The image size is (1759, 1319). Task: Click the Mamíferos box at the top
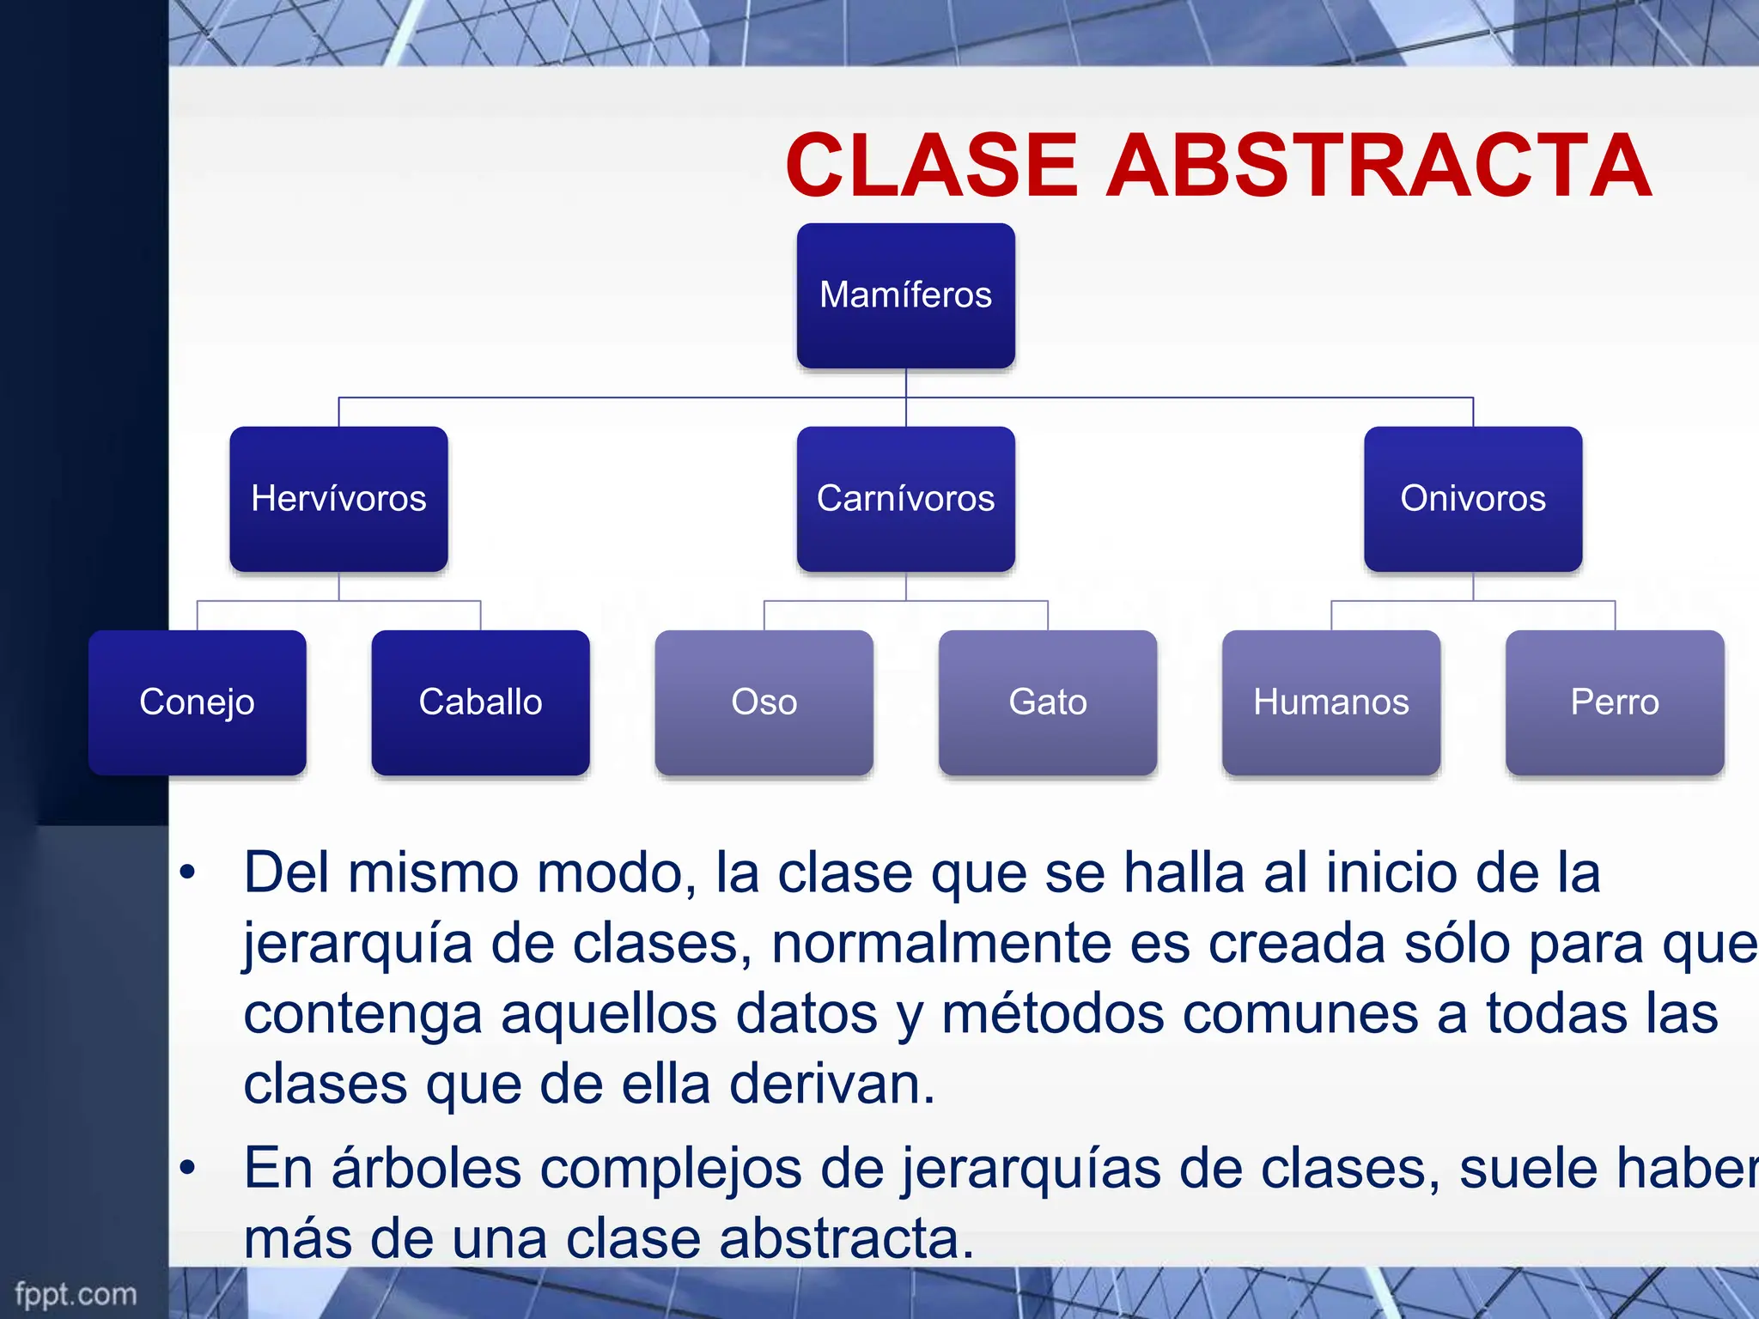tap(905, 295)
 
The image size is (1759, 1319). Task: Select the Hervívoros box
tap(338, 499)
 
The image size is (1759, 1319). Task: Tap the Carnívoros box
tap(905, 499)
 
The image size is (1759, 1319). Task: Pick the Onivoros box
tap(1472, 499)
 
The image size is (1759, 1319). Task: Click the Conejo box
tap(197, 702)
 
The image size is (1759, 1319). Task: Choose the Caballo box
tap(480, 702)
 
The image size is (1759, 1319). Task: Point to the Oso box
tap(764, 702)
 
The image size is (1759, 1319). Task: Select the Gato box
tap(1047, 702)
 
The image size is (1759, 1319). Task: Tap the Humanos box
tap(1330, 702)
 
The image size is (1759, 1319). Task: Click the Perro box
tap(1614, 702)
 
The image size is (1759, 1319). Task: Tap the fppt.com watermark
tap(76, 1294)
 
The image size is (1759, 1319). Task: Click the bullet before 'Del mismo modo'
tap(187, 873)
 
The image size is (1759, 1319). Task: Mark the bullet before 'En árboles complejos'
tap(187, 1169)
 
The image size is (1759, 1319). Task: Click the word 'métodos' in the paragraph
tap(1052, 1014)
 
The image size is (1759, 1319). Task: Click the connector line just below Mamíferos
tap(906, 383)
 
